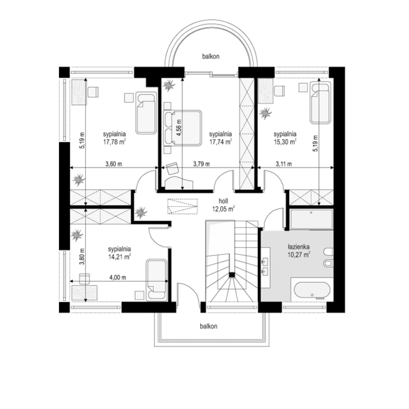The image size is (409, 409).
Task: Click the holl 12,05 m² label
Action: coord(224,205)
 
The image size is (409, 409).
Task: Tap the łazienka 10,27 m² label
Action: coord(299,251)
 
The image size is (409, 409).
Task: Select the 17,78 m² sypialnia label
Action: coord(115,138)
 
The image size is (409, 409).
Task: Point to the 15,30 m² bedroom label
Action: coord(285,138)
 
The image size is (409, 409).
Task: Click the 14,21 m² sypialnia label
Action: coord(119,253)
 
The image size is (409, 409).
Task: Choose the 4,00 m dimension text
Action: coord(118,277)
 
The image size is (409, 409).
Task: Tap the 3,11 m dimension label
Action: coord(284,164)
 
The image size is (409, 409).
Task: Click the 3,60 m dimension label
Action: coord(114,164)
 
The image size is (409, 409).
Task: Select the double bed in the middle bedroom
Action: coord(182,128)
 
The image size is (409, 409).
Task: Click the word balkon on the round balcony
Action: coord(211,57)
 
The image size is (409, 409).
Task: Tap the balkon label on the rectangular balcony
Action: coord(209,326)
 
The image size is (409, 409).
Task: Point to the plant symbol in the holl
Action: coord(141,212)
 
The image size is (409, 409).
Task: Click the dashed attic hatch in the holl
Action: coord(183,206)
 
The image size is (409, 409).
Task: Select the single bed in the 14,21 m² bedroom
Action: coord(156,280)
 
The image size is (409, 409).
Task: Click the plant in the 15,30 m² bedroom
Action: coord(265,113)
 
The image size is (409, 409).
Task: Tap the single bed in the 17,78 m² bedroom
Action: coord(146,113)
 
